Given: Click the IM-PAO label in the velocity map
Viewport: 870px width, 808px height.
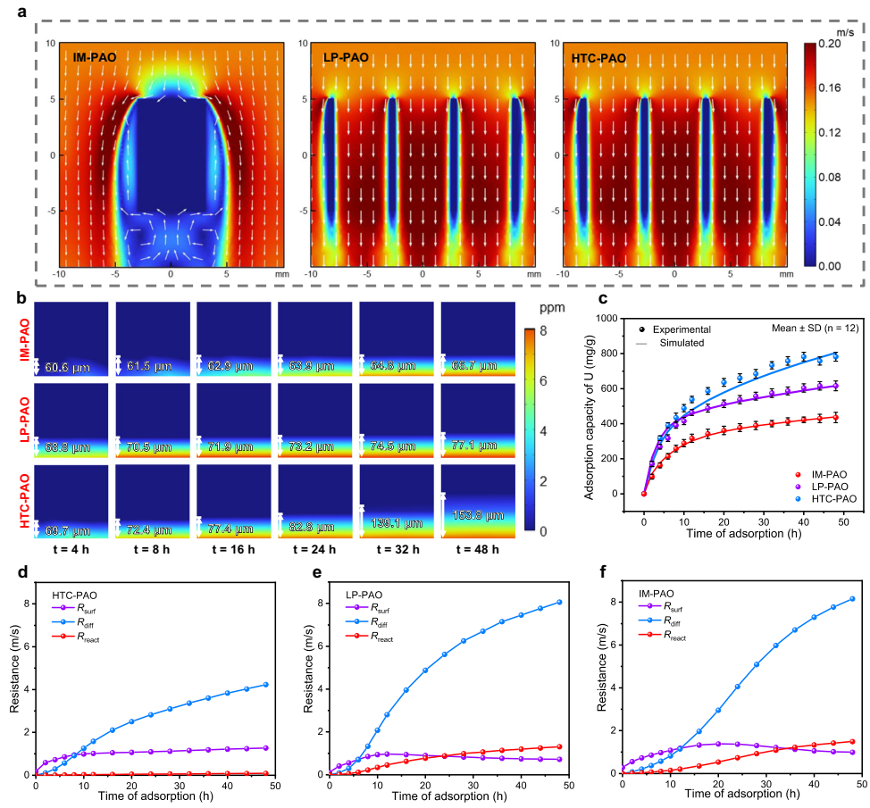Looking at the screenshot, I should pos(94,58).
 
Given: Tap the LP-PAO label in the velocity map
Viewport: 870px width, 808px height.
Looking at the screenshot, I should pos(346,58).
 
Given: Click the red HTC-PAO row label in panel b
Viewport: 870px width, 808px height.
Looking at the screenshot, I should pos(24,502).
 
